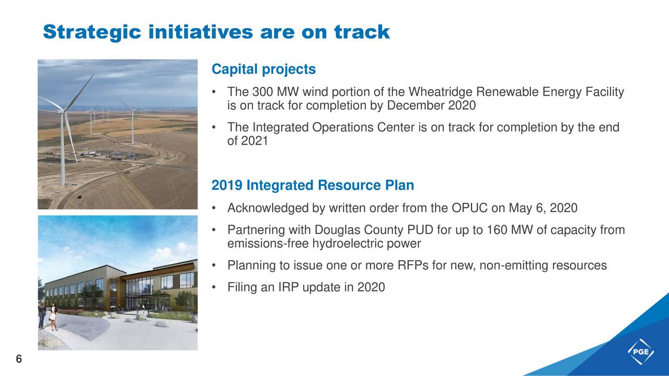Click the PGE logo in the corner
point(641,351)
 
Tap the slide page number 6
point(19,359)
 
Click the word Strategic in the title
point(92,32)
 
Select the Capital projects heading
point(263,69)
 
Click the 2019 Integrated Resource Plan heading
point(313,185)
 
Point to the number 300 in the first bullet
point(262,92)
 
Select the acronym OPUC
point(469,208)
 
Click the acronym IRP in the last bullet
point(289,287)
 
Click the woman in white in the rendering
point(53,316)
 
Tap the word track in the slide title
point(362,32)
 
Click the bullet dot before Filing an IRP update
point(214,287)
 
